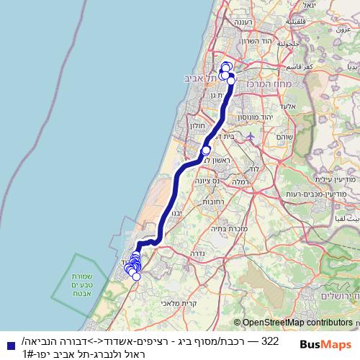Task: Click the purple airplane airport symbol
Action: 250,136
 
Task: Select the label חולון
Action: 197,125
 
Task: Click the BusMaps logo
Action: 328,345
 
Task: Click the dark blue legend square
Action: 7,345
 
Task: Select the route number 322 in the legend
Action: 269,340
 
